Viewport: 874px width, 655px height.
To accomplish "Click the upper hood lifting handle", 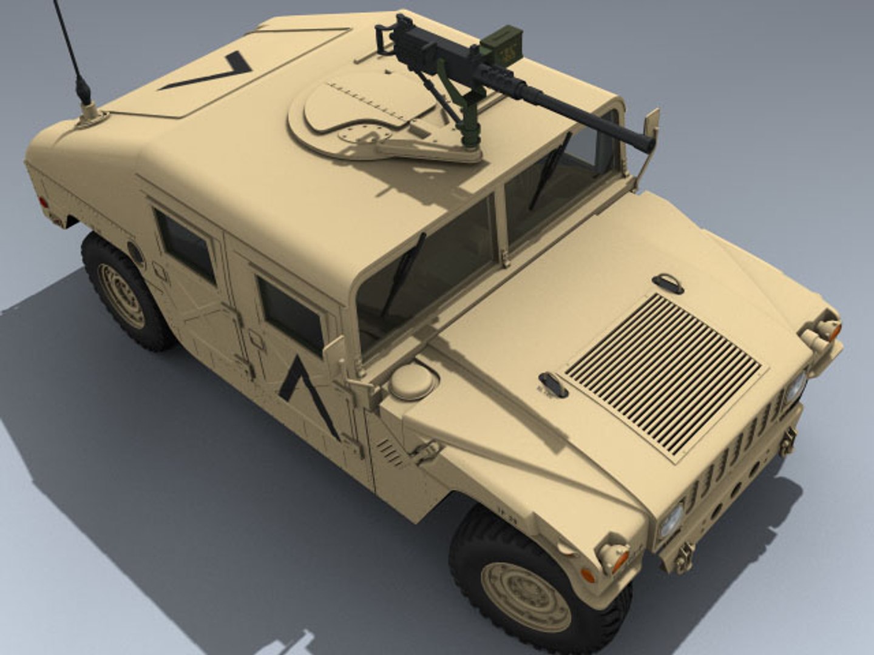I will coord(668,283).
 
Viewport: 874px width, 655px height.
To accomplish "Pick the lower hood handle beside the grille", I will coord(553,385).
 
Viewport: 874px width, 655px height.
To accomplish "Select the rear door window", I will coord(186,246).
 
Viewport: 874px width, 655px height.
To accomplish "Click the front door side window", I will coord(290,315).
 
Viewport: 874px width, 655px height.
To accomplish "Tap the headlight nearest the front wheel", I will coord(671,520).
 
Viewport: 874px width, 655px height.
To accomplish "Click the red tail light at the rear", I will coord(43,202).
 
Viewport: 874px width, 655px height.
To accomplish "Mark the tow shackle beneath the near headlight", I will coord(685,557).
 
